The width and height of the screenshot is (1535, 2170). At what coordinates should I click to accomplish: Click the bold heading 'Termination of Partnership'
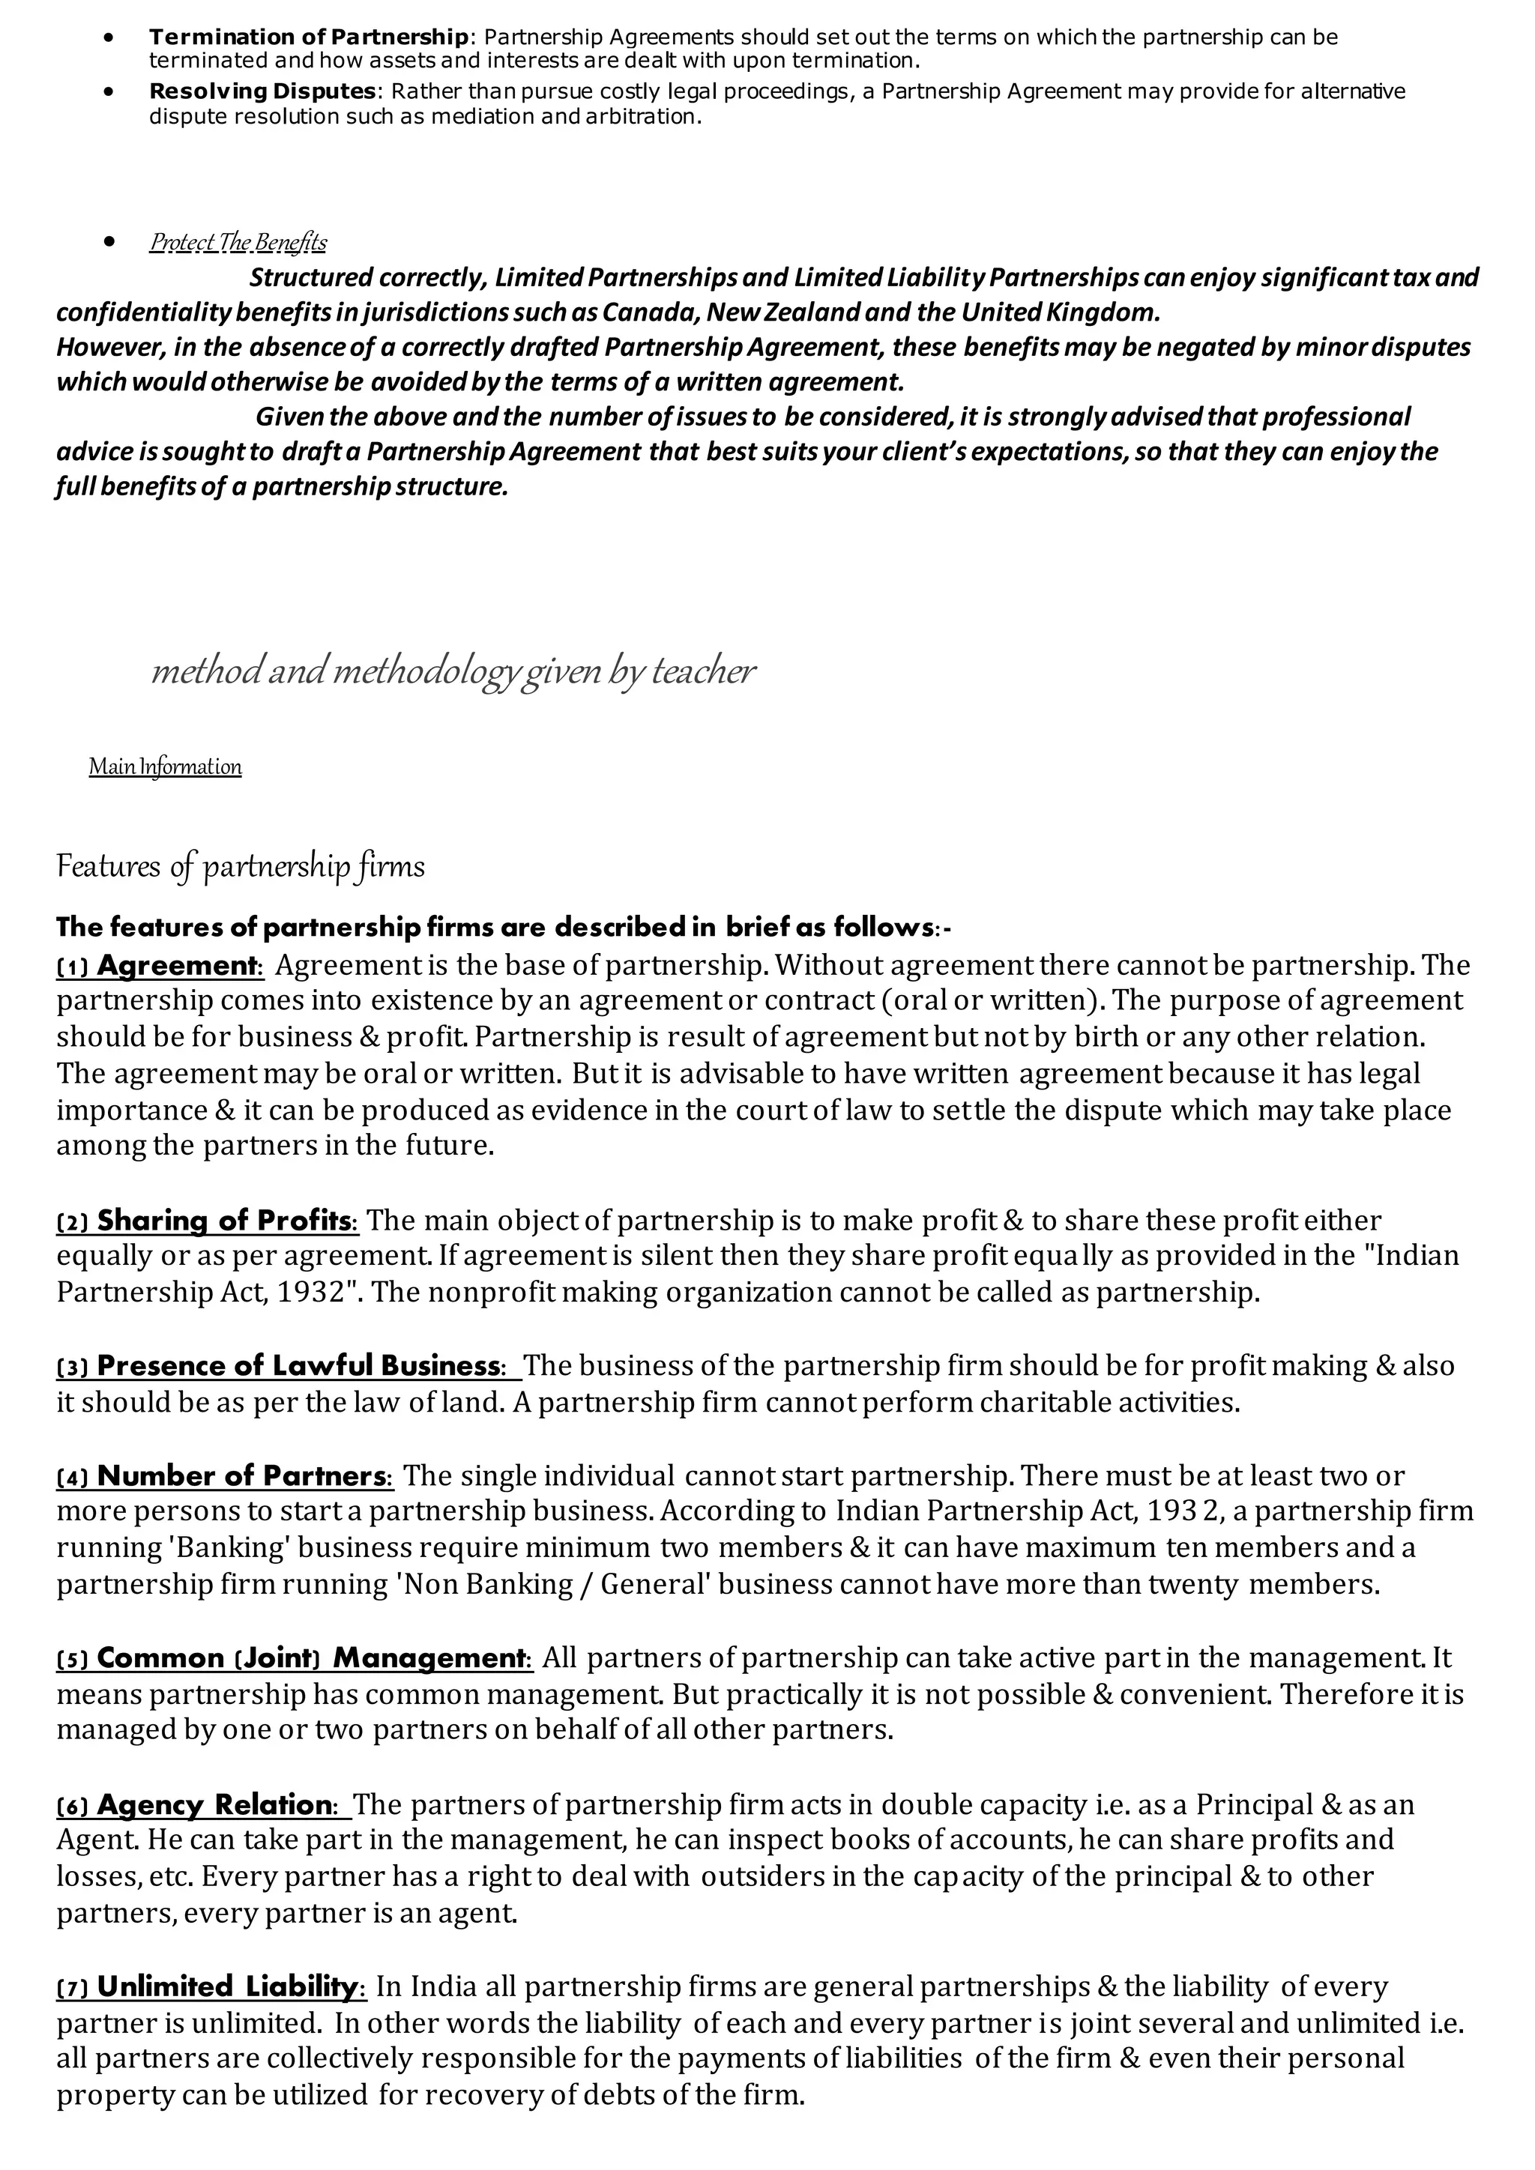click(309, 37)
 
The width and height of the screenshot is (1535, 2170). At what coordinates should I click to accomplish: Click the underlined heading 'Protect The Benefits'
click(238, 243)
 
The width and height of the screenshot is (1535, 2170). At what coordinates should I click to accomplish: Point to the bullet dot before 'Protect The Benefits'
click(112, 242)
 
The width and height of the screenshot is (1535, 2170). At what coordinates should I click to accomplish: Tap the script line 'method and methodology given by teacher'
click(453, 671)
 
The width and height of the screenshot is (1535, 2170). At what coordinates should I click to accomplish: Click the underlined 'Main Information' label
click(166, 767)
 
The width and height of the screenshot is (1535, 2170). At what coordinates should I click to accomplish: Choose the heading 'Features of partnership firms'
click(240, 867)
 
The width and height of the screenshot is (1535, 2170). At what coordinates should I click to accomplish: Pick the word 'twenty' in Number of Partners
click(1194, 1585)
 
